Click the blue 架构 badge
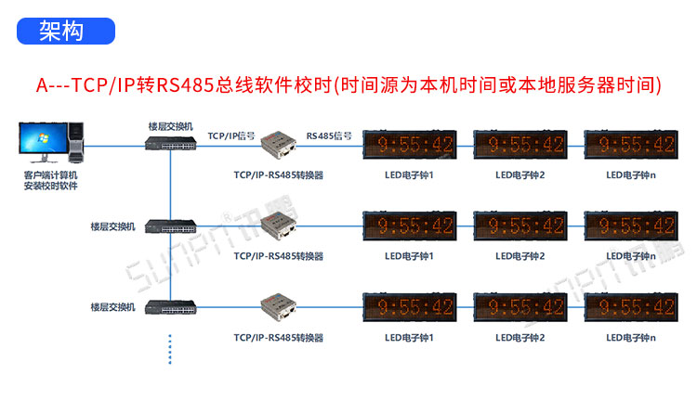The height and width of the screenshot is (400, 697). (62, 31)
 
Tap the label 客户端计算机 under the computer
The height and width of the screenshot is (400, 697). (50, 174)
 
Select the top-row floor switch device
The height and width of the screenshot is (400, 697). (170, 143)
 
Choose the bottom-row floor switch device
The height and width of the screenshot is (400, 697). (170, 305)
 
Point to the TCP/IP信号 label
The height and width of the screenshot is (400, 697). (231, 135)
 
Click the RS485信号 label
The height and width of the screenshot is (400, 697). (329, 135)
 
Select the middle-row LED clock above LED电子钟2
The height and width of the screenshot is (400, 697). (519, 226)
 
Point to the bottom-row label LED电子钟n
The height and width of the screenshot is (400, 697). (631, 337)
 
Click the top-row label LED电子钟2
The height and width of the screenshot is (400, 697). (519, 174)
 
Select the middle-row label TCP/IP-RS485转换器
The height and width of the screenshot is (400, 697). (279, 255)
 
